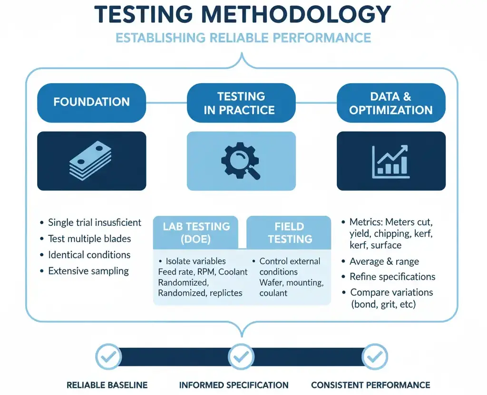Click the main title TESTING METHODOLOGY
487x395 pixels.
coord(243,15)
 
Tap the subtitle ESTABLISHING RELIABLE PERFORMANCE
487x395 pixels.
coord(243,38)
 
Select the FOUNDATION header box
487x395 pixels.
coord(92,102)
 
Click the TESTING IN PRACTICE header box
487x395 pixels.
coord(241,103)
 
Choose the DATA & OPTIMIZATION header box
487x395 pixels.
coord(391,103)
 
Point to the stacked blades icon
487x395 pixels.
coord(92,161)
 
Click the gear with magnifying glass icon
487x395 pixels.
coord(241,161)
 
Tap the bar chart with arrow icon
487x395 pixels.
coord(391,161)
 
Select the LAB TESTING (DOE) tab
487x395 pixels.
coord(196,232)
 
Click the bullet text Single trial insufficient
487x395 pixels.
coord(95,222)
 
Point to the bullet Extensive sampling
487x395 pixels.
coord(88,271)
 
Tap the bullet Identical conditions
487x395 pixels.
coord(89,255)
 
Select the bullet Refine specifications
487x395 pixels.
coord(392,277)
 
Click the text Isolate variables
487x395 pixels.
coord(195,261)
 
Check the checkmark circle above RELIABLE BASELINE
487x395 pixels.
coord(108,356)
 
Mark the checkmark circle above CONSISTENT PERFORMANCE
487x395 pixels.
coord(375,356)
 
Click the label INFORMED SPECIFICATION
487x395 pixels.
coord(234,385)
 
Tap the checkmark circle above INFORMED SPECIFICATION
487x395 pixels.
coord(241,356)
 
